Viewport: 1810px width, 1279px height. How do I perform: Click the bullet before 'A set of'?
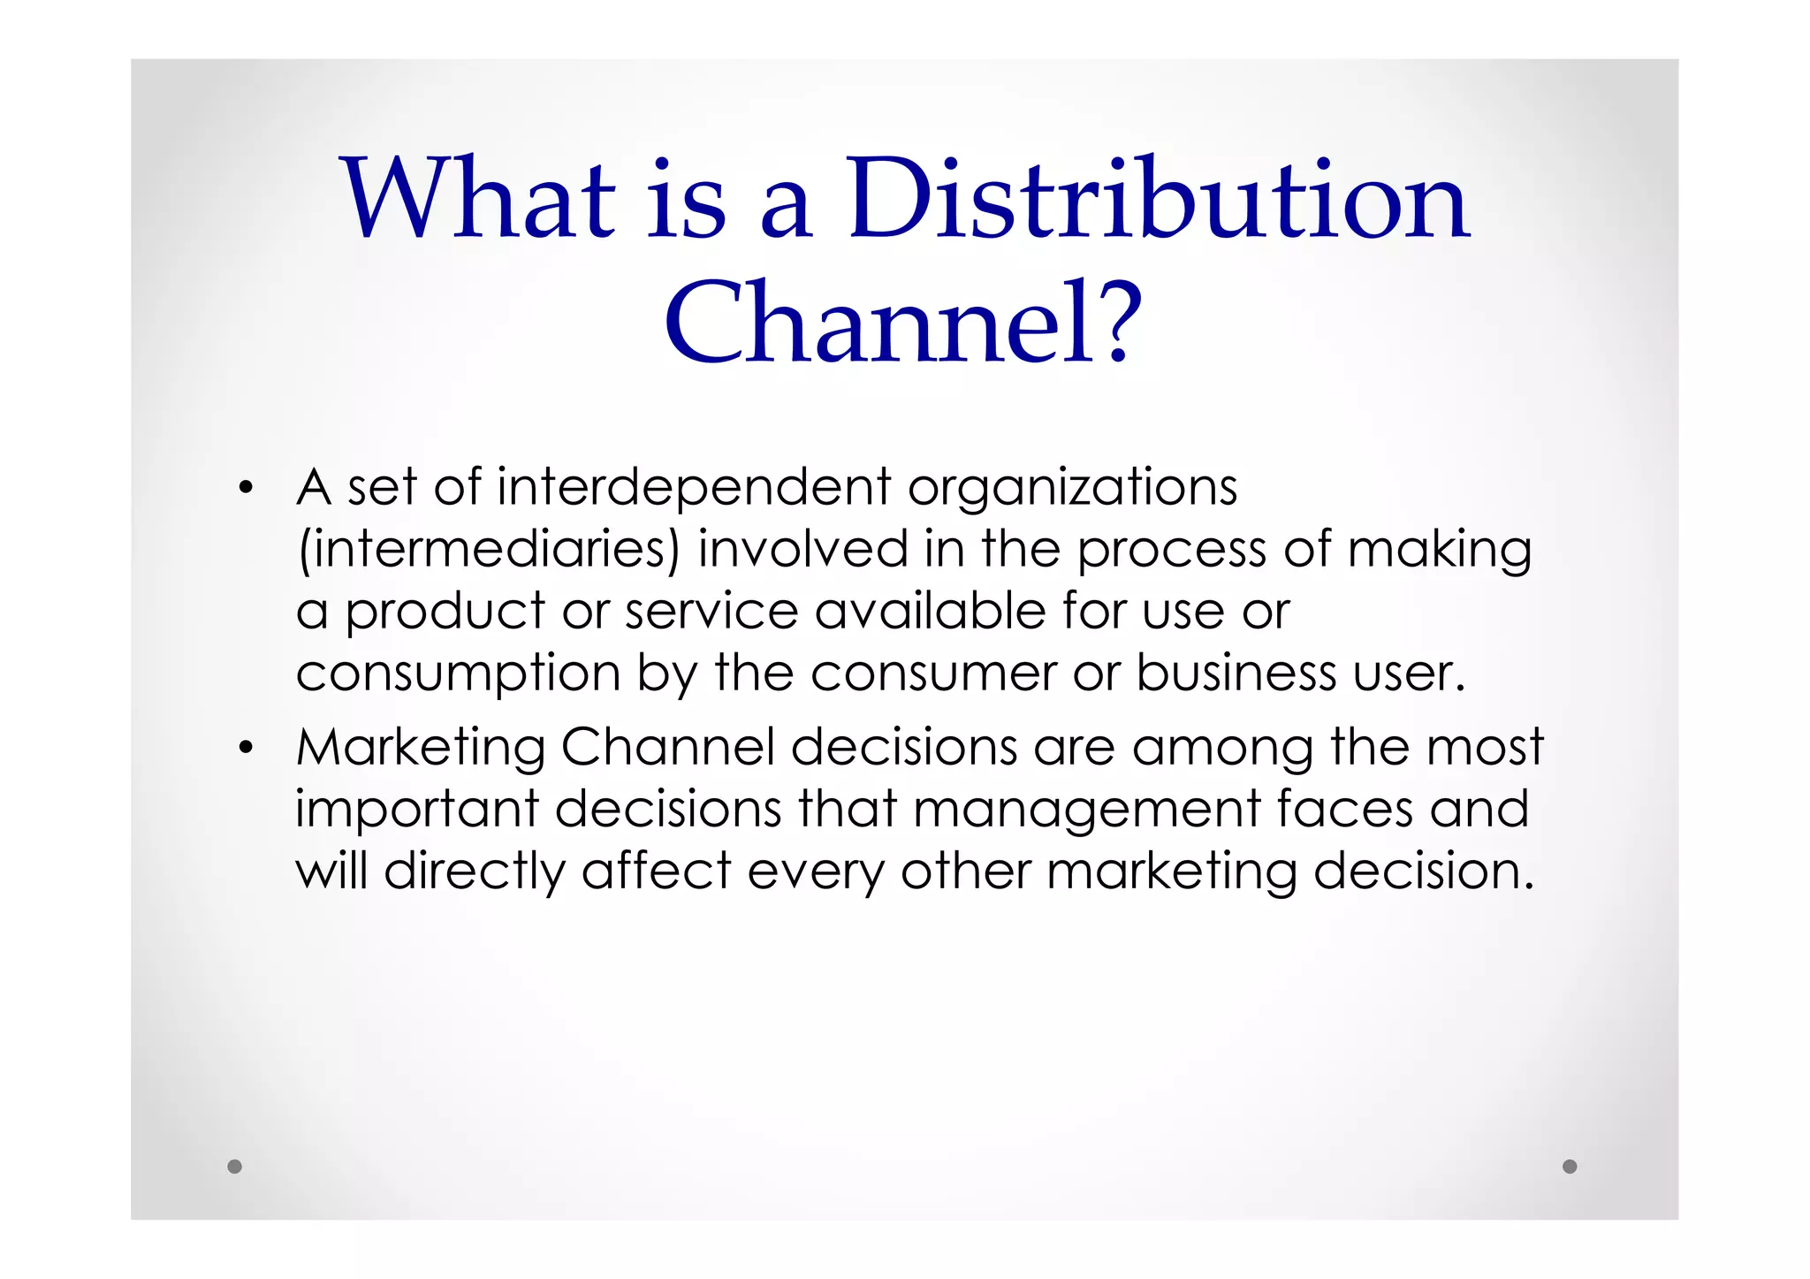(x=246, y=488)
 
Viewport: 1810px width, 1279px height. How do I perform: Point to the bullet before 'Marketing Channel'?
(x=246, y=749)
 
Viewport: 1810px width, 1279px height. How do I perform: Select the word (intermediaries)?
(x=489, y=550)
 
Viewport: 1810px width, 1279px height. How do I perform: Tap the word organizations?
(x=1072, y=488)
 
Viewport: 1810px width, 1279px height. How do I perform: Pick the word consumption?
(x=458, y=674)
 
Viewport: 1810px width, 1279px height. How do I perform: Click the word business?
(x=1236, y=674)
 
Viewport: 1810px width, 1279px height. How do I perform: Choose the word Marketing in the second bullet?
(x=421, y=748)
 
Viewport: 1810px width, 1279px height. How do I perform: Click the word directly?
(x=475, y=872)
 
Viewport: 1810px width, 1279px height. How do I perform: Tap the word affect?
(x=656, y=872)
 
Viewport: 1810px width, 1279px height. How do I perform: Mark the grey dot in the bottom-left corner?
(x=234, y=1166)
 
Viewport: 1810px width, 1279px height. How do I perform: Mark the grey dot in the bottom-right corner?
(x=1570, y=1166)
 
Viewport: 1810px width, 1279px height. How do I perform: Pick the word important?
(x=416, y=811)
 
